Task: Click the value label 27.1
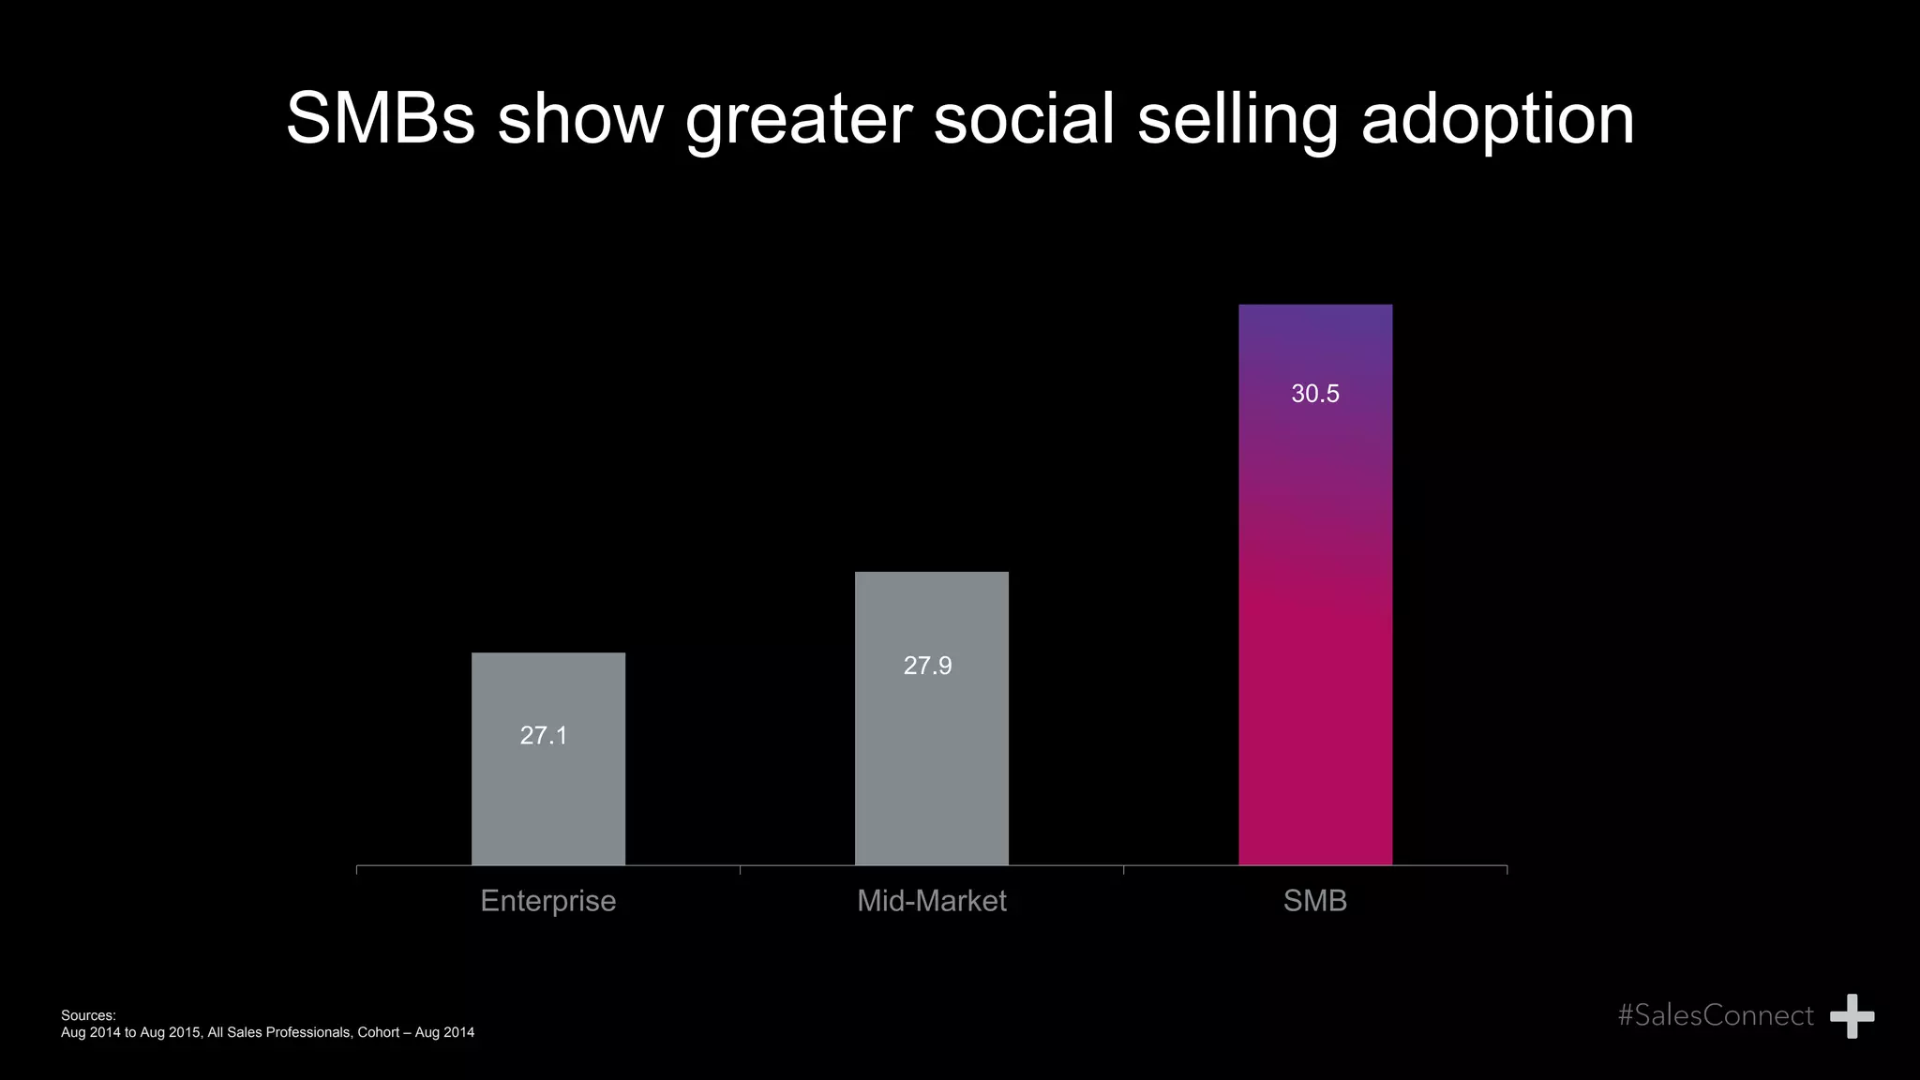[544, 736]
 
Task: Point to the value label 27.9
[927, 666]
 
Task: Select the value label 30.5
[1314, 394]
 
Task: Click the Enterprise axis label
[548, 901]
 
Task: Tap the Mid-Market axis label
[931, 901]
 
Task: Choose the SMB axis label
[1314, 901]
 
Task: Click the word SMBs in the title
[380, 119]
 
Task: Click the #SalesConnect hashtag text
[1716, 1015]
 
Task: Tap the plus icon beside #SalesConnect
[1852, 1016]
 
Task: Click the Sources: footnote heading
[88, 1015]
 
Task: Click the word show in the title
[580, 119]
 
